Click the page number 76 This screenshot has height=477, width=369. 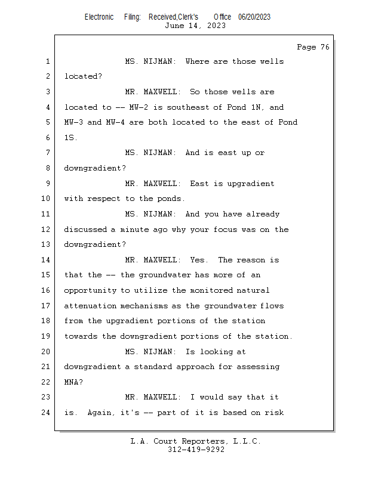click(325, 47)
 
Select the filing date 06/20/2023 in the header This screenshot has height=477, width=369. click(254, 17)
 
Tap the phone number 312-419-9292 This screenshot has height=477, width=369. click(196, 450)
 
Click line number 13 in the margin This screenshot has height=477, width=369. click(45, 244)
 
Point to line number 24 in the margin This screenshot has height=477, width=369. click(45, 413)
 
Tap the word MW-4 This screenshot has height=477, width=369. click(115, 122)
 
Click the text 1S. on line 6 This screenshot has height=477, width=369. click(70, 138)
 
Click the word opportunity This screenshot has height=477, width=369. click(90, 291)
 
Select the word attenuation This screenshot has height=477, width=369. click(90, 306)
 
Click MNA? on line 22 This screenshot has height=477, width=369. click(73, 382)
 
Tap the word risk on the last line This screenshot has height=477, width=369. click(274, 413)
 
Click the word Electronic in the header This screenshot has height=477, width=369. click(99, 17)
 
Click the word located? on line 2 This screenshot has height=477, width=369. click(83, 76)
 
